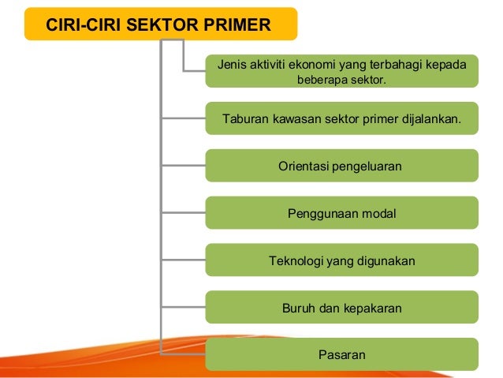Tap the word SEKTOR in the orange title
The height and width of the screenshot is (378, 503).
(171, 24)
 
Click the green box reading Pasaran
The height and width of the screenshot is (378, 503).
(341, 355)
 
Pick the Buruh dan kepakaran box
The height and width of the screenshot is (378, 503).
(341, 308)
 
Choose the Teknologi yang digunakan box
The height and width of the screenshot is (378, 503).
(341, 260)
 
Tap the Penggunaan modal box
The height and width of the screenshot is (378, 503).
(341, 213)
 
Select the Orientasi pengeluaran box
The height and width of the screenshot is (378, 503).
(341, 166)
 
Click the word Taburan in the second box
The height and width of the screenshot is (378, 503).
(244, 119)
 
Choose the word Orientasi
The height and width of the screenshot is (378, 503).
(304, 166)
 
